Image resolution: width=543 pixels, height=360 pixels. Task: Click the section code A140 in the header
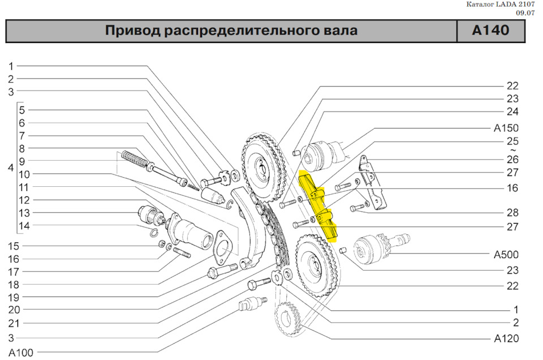[x=491, y=31]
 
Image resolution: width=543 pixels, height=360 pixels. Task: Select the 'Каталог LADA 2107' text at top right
[x=500, y=5]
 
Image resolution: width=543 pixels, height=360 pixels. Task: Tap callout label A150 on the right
[x=506, y=128]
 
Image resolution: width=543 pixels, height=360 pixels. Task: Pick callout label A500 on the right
[x=506, y=255]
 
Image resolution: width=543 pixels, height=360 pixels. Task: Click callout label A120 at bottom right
[x=506, y=339]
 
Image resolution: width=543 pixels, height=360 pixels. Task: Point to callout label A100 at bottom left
[x=21, y=353]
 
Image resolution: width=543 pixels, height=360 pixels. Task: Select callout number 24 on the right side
[x=512, y=111]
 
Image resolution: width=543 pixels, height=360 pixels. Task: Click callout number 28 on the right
[x=512, y=212]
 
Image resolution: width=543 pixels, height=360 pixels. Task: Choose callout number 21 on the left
[x=14, y=323]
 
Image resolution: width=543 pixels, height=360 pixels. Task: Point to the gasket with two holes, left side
[x=224, y=246]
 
